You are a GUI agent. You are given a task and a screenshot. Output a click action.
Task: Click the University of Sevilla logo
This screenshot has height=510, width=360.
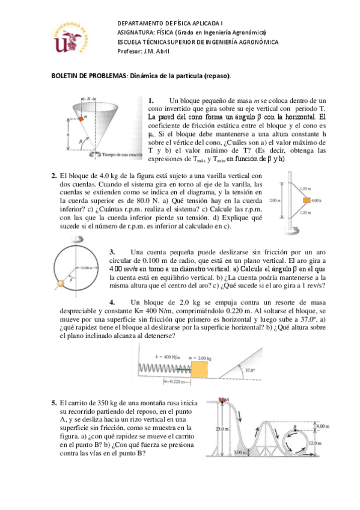click(x=71, y=38)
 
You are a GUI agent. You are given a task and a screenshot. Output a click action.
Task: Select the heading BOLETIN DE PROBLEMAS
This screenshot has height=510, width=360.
click(x=89, y=76)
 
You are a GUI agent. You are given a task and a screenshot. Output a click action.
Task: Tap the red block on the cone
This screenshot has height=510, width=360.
click(x=81, y=119)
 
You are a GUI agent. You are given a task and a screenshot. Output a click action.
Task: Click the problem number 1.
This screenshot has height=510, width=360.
click(x=151, y=100)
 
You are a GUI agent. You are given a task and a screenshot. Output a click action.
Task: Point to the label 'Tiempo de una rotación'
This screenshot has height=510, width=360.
click(x=122, y=155)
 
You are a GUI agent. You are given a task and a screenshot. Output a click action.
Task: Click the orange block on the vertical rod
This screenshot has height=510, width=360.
click(x=307, y=200)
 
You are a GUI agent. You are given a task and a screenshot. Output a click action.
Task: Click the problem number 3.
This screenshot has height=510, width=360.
click(x=112, y=252)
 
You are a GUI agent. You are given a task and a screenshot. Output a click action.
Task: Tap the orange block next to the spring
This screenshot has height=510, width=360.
click(x=199, y=369)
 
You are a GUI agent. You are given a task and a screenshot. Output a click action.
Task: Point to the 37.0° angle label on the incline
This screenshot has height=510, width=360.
click(x=250, y=370)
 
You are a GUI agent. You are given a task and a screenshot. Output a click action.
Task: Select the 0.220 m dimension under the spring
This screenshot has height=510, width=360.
click(x=177, y=382)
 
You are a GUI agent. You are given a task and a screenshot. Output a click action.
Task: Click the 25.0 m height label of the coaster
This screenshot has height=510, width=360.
click(x=222, y=429)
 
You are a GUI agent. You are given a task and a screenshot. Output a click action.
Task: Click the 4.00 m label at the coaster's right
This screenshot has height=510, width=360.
click(x=323, y=426)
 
